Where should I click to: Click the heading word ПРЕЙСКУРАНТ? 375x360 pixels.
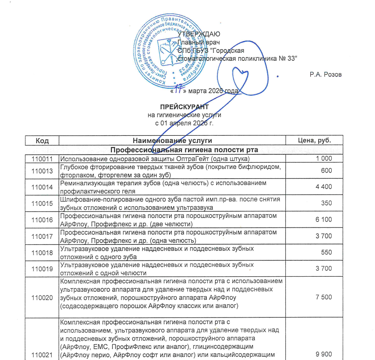click(184, 107)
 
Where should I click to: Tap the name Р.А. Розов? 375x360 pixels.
click(325, 75)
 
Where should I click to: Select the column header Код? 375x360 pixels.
click(42, 141)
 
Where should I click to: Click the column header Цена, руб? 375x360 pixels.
click(314, 141)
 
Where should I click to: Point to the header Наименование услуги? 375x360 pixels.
click(172, 141)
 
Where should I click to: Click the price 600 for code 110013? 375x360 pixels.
click(327, 171)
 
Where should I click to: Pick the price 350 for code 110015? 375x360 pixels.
click(327, 204)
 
